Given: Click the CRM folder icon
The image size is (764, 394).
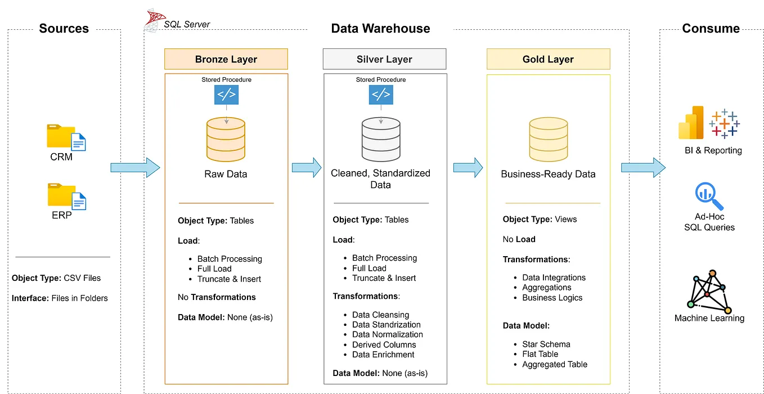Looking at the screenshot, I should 66,137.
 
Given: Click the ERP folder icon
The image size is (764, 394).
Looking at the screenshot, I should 66,196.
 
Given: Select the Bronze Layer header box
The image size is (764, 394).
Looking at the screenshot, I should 226,59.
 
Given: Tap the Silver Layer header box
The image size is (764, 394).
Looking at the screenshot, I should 384,59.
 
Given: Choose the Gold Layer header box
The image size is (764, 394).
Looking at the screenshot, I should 548,59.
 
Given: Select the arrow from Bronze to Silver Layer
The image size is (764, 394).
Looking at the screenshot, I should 306,167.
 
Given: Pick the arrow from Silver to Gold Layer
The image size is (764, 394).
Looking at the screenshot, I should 468,167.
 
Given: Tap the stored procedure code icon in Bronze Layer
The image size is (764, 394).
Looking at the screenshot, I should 226,95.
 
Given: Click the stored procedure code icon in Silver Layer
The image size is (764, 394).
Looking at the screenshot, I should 381,95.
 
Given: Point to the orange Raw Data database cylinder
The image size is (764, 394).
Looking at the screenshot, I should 226,139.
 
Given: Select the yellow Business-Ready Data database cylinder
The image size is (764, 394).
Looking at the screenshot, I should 548,139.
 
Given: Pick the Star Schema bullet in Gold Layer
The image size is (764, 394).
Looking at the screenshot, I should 546,344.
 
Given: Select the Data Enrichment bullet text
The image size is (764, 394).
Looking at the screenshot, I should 383,355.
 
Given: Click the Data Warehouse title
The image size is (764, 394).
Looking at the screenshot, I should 380,29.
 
